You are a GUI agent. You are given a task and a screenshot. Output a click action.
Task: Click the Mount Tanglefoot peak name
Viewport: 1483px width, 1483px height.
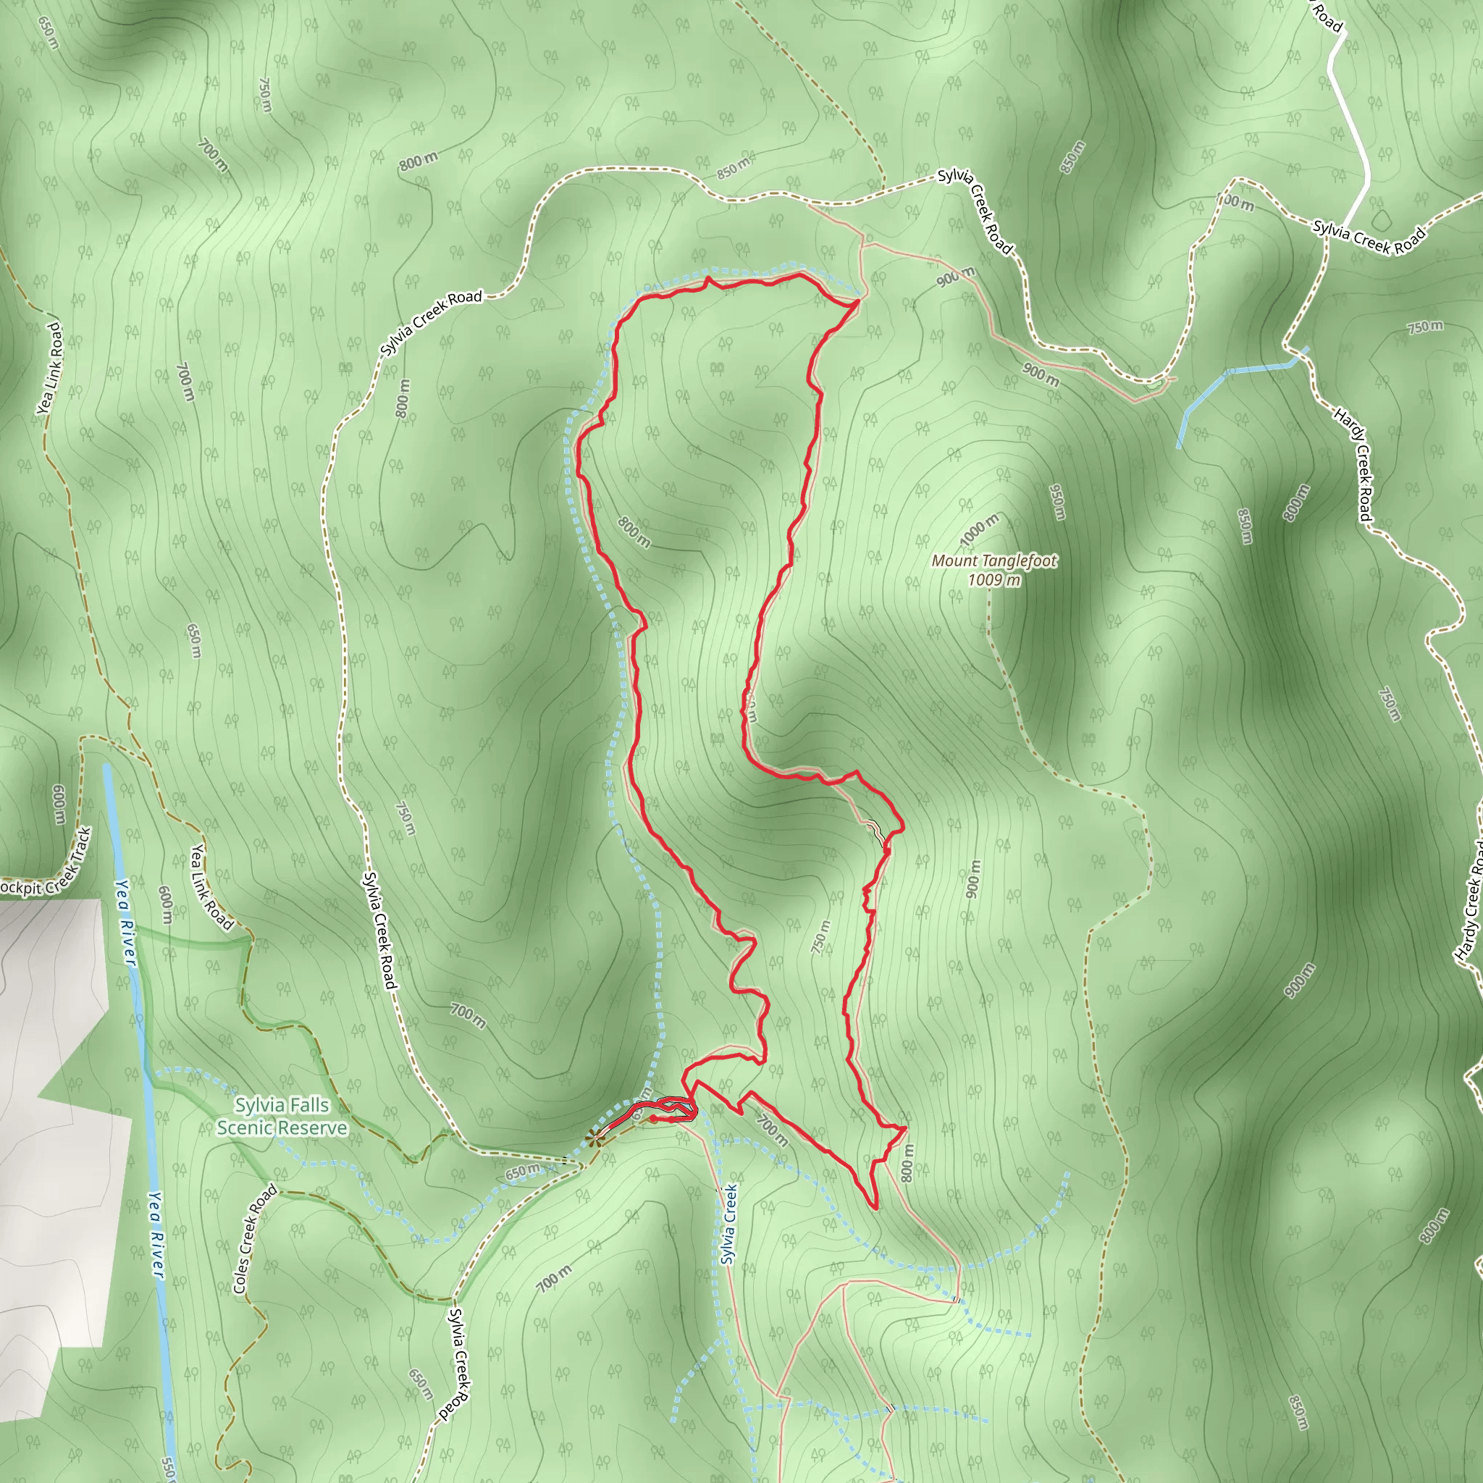[994, 561]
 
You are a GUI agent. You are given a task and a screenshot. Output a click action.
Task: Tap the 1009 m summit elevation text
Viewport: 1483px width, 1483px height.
[994, 580]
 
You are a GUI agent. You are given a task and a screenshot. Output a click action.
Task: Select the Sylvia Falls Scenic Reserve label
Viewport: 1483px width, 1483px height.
[282, 1116]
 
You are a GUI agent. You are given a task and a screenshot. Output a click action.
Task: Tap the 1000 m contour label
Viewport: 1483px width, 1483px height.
[980, 530]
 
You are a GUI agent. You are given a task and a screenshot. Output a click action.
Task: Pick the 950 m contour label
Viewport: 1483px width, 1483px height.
[1057, 502]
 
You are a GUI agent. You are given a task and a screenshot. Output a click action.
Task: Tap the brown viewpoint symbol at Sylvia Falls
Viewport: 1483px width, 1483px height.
[593, 1138]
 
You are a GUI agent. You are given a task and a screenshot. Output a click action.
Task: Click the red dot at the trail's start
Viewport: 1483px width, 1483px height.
[652, 1119]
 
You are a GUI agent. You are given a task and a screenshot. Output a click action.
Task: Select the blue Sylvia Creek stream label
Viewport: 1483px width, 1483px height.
[728, 1224]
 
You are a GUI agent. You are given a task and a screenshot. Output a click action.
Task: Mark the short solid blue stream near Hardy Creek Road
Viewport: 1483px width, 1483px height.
[1236, 384]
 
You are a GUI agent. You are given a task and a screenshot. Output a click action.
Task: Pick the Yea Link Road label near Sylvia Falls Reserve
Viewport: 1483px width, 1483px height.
[211, 886]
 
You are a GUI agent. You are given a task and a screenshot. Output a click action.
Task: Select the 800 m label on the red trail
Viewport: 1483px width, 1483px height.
[634, 532]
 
